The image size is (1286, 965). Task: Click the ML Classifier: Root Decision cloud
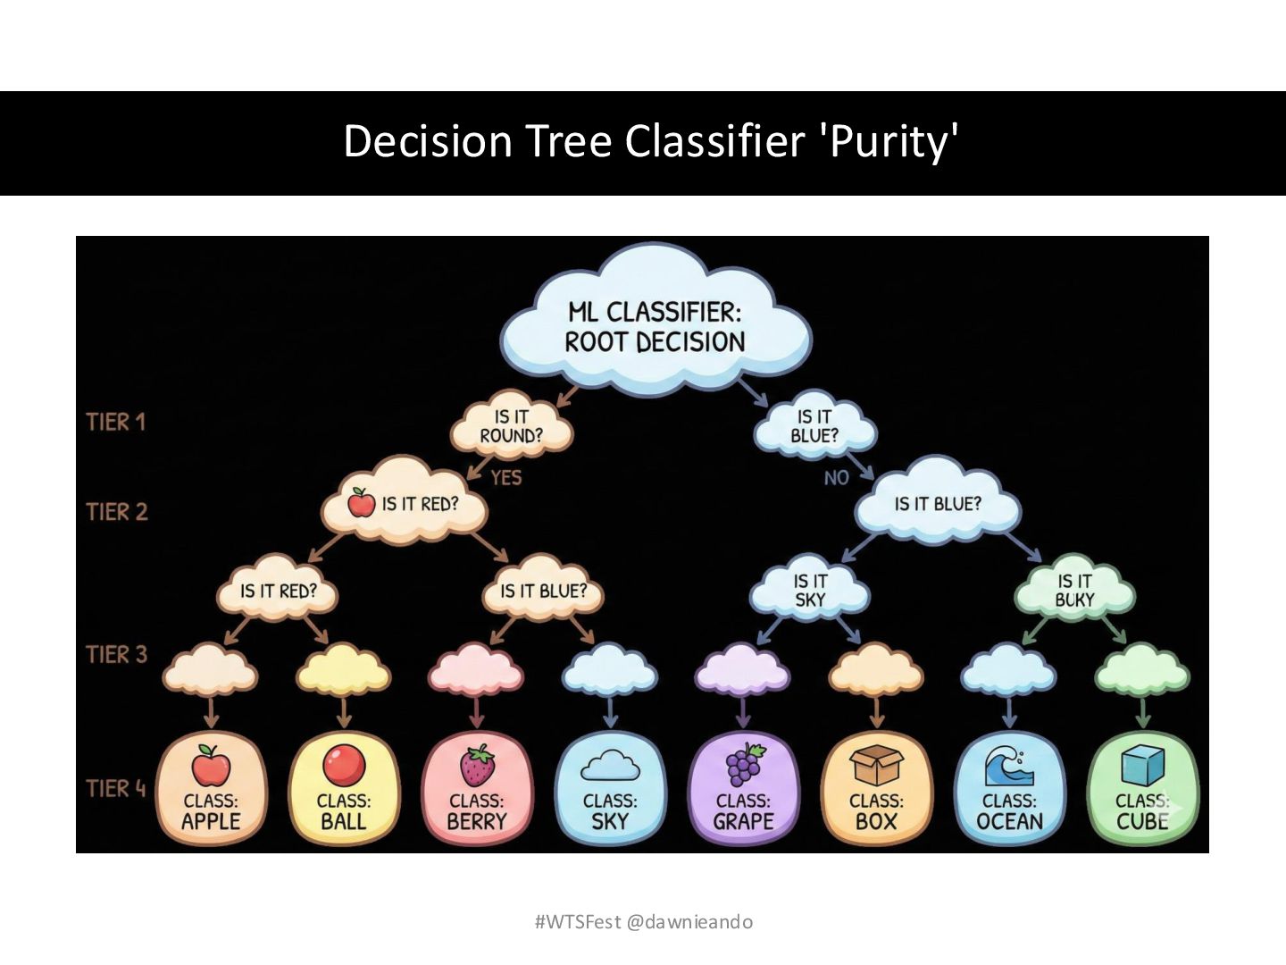pyautogui.click(x=655, y=326)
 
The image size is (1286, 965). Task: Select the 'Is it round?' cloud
pyautogui.click(x=512, y=426)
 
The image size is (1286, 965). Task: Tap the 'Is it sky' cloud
pyautogui.click(x=810, y=591)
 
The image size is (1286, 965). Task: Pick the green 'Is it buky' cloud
pyautogui.click(x=1074, y=591)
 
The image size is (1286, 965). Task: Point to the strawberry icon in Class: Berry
pyautogui.click(x=478, y=766)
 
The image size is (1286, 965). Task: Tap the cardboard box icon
pyautogui.click(x=876, y=766)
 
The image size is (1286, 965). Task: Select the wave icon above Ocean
pyautogui.click(x=1009, y=766)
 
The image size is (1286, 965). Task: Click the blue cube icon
pyautogui.click(x=1142, y=766)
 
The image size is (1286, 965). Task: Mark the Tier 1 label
pyautogui.click(x=116, y=422)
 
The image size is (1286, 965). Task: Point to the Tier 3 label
pyautogui.click(x=116, y=655)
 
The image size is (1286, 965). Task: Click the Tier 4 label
pyautogui.click(x=116, y=789)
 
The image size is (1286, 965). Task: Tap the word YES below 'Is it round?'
pyautogui.click(x=505, y=478)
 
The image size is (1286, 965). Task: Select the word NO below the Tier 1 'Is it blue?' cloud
pyautogui.click(x=837, y=478)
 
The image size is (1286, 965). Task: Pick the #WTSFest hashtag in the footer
pyautogui.click(x=577, y=922)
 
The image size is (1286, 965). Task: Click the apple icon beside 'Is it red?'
pyautogui.click(x=362, y=502)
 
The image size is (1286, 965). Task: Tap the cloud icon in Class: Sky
pyautogui.click(x=611, y=766)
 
